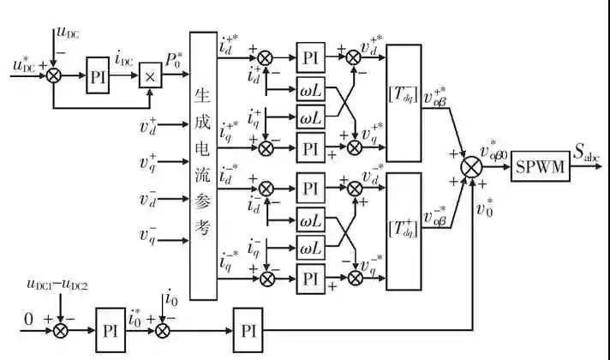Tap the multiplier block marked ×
point(150,75)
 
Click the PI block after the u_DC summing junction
point(97,75)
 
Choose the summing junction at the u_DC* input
point(55,76)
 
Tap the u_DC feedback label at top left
point(67,33)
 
